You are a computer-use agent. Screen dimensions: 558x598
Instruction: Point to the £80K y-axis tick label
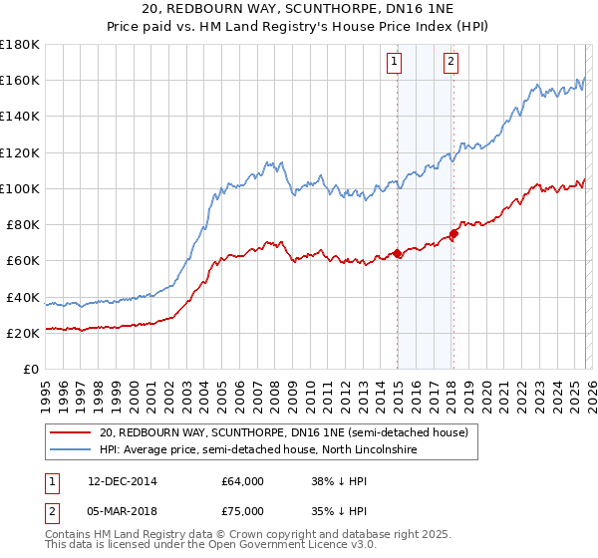pyautogui.click(x=22, y=224)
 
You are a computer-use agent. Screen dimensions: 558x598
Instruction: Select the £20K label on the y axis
pyautogui.click(x=22, y=333)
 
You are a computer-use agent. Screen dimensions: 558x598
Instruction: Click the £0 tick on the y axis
pyautogui.click(x=30, y=369)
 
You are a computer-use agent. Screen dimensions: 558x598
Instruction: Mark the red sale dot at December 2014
pyautogui.click(x=398, y=253)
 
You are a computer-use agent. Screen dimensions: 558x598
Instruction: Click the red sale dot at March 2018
pyautogui.click(x=453, y=234)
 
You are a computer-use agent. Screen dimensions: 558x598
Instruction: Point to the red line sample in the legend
pyautogui.click(x=71, y=432)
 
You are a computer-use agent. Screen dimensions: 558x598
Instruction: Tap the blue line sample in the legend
pyautogui.click(x=71, y=450)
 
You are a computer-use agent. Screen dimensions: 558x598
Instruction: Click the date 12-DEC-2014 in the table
pyautogui.click(x=123, y=481)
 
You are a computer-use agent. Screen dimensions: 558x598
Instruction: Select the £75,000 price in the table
pyautogui.click(x=243, y=513)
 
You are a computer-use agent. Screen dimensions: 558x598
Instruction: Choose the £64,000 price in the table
pyautogui.click(x=243, y=481)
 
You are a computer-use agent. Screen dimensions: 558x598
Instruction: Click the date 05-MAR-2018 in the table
pyautogui.click(x=123, y=513)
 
